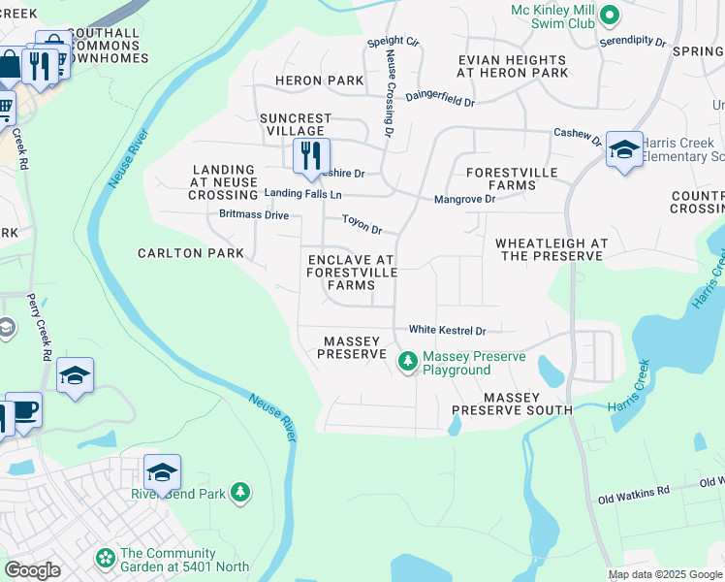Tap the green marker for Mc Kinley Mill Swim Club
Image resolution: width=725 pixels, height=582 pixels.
(x=609, y=15)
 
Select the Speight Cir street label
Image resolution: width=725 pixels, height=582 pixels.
(x=393, y=43)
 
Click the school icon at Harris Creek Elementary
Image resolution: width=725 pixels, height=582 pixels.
(x=624, y=149)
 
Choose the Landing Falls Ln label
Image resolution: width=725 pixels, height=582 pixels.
(x=303, y=194)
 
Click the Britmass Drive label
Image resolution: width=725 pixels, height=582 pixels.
(x=254, y=214)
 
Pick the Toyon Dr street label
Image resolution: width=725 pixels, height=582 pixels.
(x=362, y=225)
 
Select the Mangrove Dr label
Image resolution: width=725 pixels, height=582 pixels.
(x=464, y=199)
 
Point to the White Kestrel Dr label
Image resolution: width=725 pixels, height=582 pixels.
(x=446, y=331)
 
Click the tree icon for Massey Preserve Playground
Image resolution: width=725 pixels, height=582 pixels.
(x=407, y=362)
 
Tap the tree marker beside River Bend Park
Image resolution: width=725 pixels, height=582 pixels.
(x=240, y=493)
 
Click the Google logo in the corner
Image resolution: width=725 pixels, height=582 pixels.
(x=32, y=569)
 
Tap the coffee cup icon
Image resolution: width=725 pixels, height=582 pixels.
(x=23, y=410)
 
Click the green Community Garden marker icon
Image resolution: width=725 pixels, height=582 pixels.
(x=105, y=559)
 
